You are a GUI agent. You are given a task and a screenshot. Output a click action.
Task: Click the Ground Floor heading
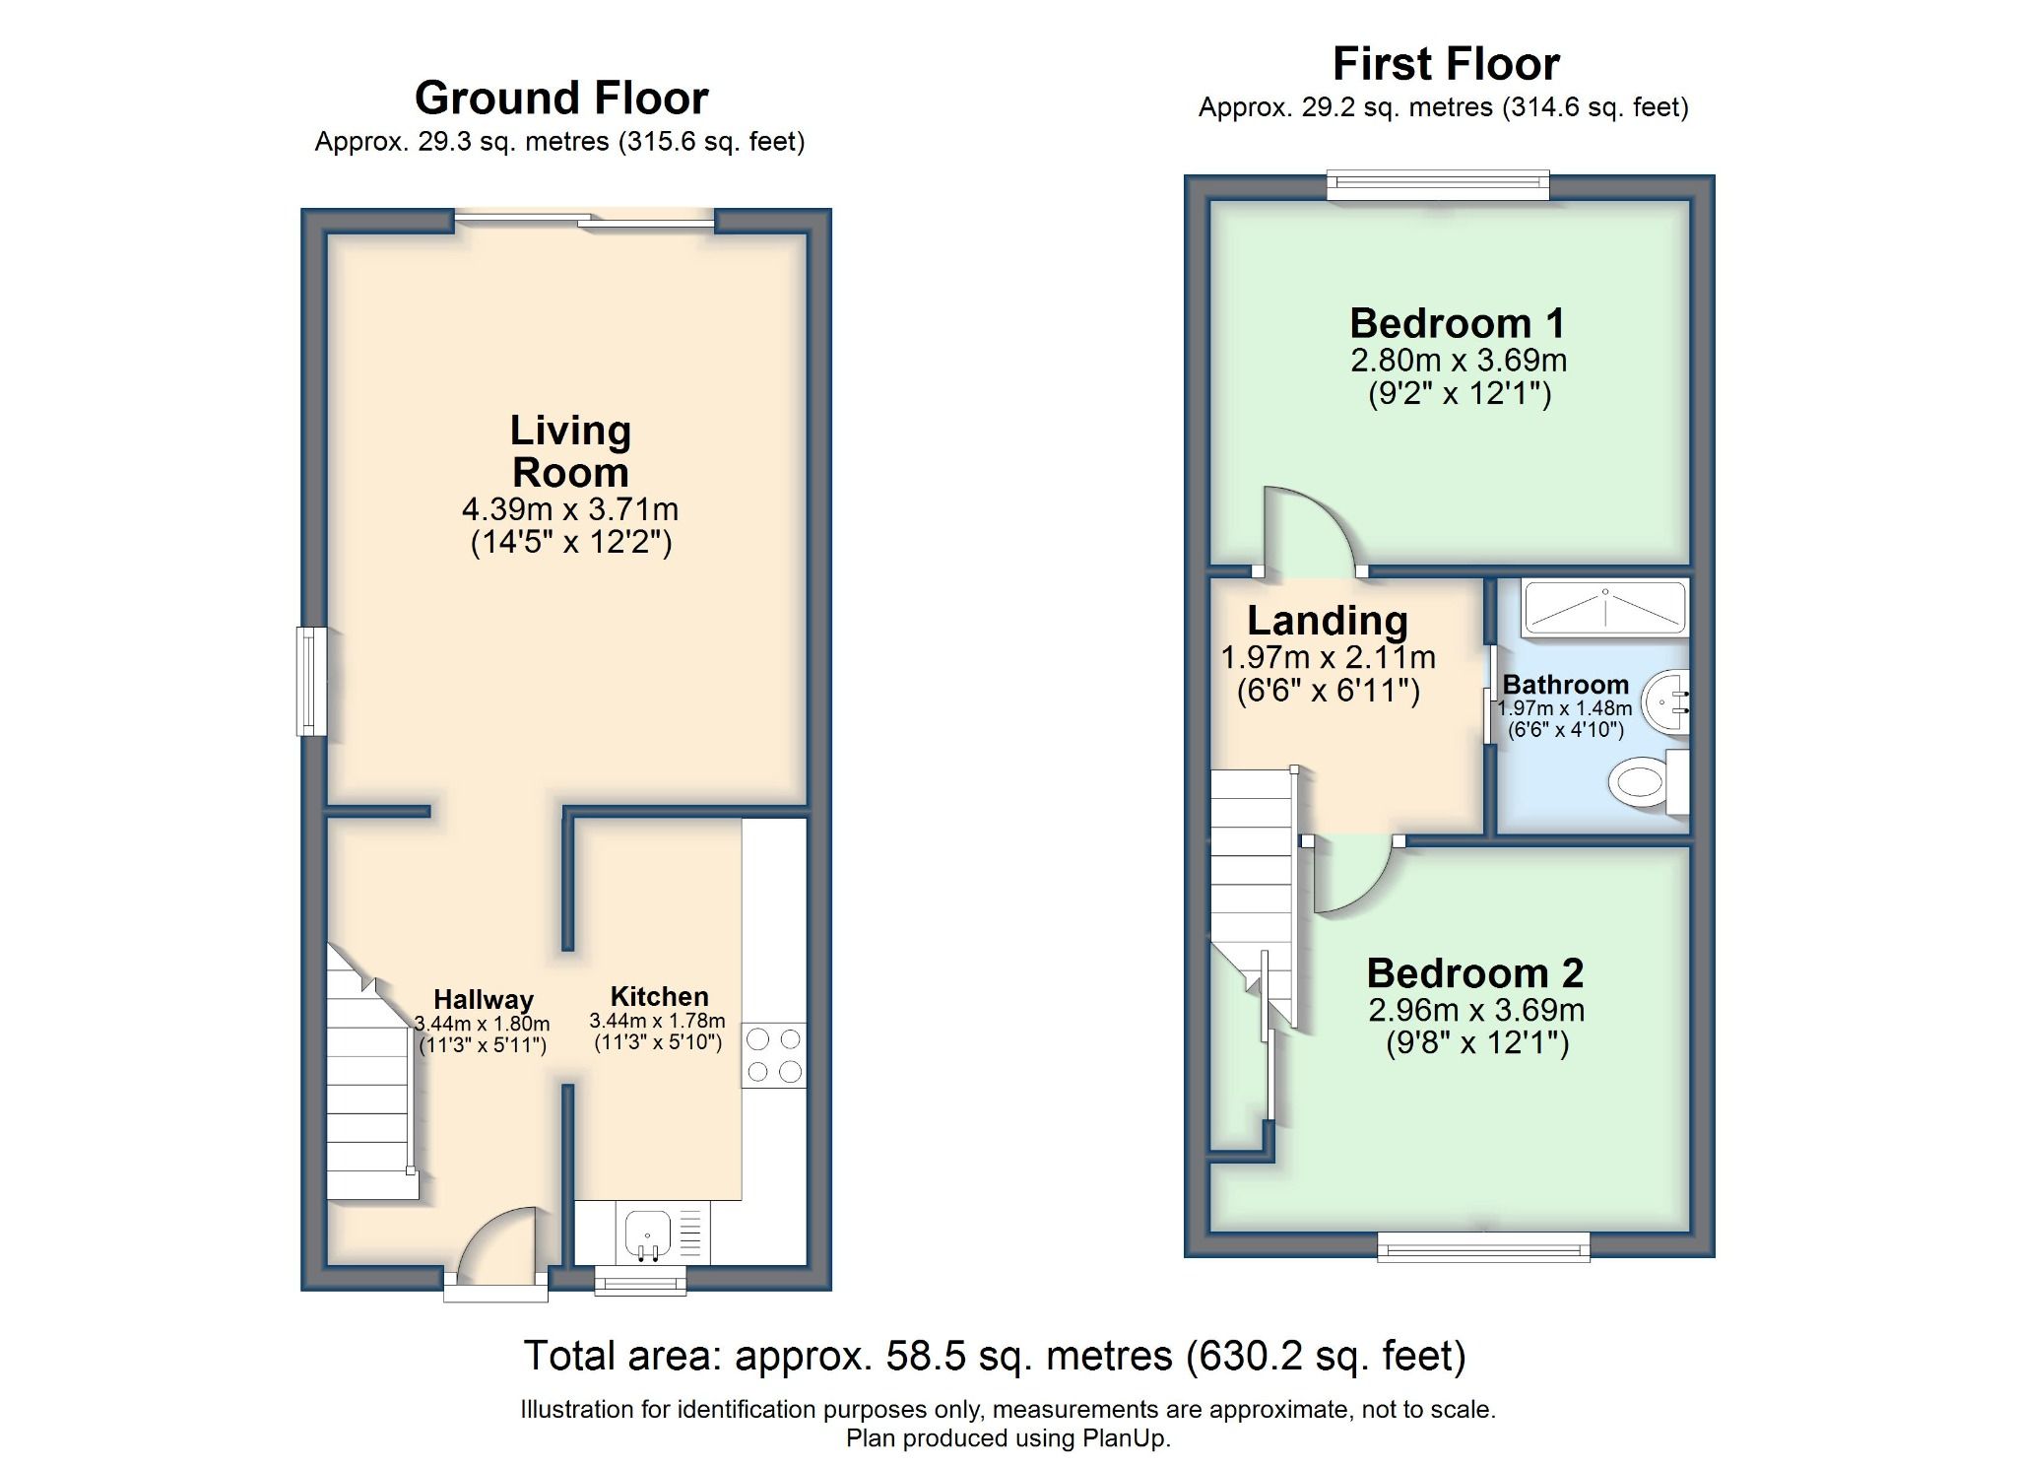click(560, 98)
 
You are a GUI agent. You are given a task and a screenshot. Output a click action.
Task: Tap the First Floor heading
click(1445, 64)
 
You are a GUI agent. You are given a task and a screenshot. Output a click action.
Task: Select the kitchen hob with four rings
click(774, 1055)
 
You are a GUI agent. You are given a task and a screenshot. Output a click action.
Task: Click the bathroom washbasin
click(1667, 702)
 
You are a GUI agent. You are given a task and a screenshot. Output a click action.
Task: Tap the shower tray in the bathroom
click(1604, 608)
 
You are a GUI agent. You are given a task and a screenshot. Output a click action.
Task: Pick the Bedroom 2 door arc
click(1351, 878)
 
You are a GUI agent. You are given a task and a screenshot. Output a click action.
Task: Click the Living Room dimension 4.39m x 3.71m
click(570, 509)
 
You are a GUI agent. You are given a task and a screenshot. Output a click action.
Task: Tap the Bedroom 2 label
click(1474, 973)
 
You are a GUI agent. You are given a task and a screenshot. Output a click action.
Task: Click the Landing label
click(1327, 621)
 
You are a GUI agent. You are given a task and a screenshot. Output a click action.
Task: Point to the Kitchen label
click(659, 996)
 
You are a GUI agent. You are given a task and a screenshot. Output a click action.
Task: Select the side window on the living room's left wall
click(311, 681)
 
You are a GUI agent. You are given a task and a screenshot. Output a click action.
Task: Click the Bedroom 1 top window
click(1438, 184)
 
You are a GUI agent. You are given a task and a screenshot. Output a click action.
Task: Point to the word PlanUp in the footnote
click(1125, 1438)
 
